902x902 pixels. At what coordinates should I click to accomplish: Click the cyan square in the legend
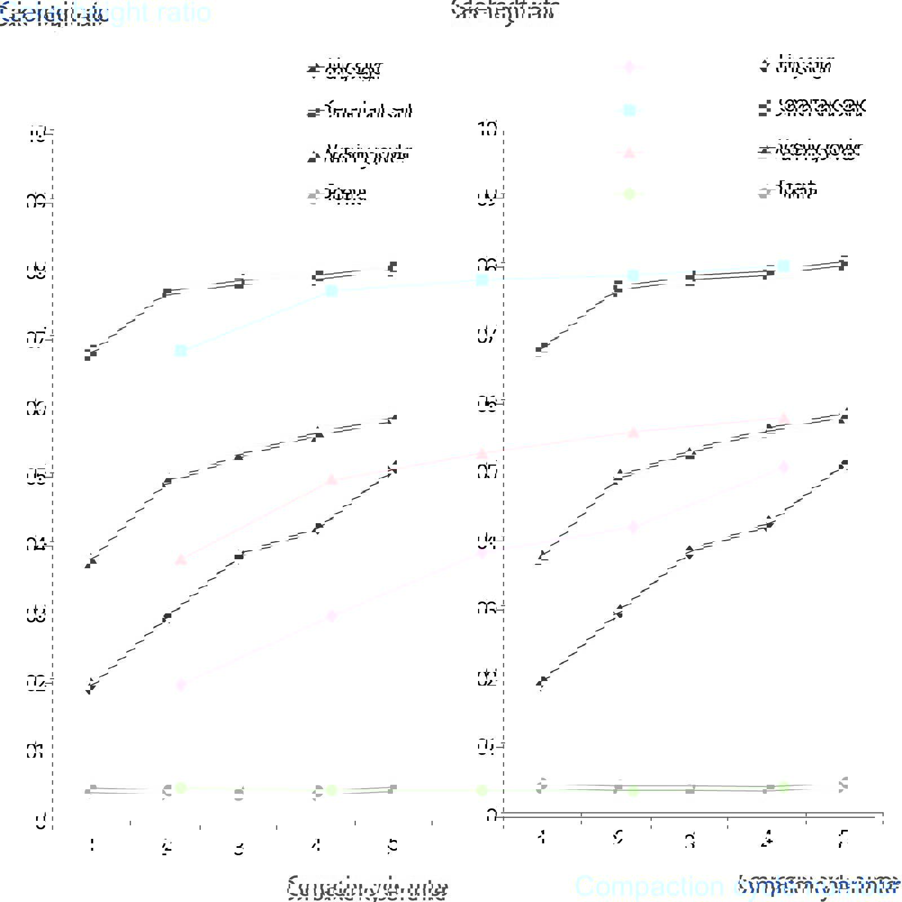tap(630, 110)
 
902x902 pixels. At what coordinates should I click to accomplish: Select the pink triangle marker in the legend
tap(630, 152)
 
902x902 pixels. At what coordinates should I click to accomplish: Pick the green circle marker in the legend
tap(630, 194)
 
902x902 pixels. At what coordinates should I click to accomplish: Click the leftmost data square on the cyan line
tap(181, 351)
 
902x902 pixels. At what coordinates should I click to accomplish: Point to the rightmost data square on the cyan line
tap(783, 266)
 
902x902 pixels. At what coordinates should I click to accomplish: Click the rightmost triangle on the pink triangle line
tap(783, 418)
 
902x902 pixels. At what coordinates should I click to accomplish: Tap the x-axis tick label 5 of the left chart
tap(393, 846)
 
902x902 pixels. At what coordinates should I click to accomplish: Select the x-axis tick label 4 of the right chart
tap(766, 841)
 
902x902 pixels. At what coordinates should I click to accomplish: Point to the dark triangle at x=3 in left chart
tap(239, 456)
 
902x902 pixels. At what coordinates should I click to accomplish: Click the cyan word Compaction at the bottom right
tap(648, 886)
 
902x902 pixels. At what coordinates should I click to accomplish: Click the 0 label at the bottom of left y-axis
tap(41, 822)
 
